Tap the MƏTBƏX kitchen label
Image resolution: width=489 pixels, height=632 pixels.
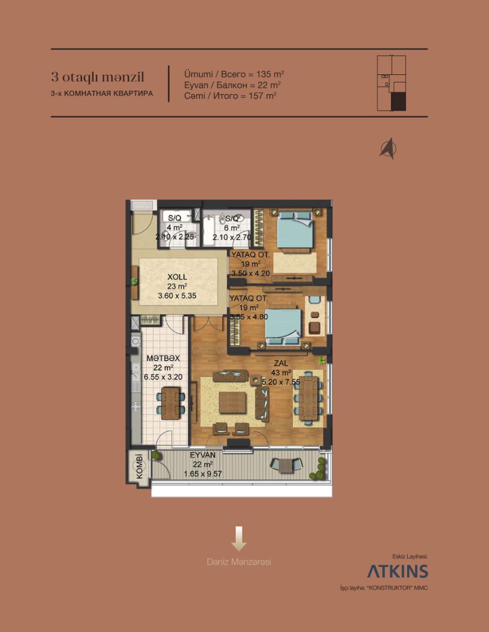(x=163, y=358)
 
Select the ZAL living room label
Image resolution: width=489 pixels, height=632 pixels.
(x=281, y=363)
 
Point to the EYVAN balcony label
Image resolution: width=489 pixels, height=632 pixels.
(x=203, y=455)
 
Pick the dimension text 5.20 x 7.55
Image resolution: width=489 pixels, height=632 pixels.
(x=281, y=382)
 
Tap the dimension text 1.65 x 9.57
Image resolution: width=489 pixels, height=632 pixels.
(x=203, y=474)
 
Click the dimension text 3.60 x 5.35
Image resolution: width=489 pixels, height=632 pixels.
(x=177, y=296)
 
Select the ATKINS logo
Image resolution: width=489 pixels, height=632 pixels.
(x=397, y=571)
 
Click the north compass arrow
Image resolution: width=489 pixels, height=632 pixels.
(x=389, y=148)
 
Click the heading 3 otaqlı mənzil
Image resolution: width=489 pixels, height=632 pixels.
(x=98, y=77)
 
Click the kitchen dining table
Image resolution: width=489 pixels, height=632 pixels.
(x=171, y=403)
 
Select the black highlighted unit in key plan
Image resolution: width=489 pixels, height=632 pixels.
(x=399, y=102)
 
